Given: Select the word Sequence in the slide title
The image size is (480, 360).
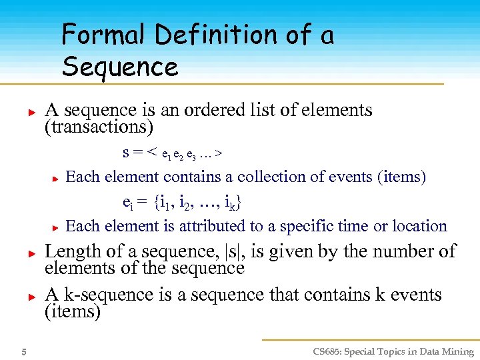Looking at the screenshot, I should (x=120, y=67).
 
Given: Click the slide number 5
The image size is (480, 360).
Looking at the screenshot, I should (x=23, y=352).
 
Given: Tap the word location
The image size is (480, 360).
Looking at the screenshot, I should (x=419, y=226).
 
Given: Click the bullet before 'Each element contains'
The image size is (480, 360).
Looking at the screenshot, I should (x=57, y=178).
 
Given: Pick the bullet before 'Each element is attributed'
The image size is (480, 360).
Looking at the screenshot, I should (x=57, y=227).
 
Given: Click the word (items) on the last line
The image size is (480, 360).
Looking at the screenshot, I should (x=72, y=311).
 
